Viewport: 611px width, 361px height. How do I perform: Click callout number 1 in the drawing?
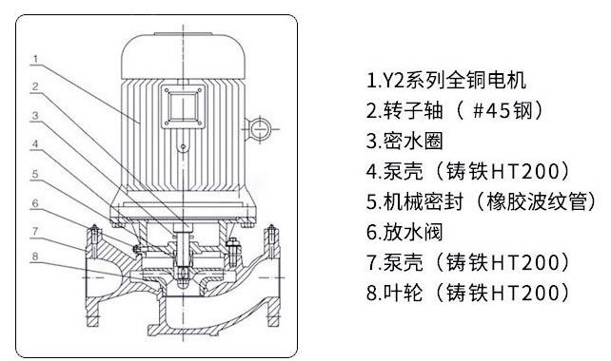coord(35,59)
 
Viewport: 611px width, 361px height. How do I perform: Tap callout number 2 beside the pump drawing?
coord(35,87)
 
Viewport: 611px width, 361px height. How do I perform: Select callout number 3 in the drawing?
coord(35,116)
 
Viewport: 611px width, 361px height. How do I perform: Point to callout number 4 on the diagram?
coord(35,145)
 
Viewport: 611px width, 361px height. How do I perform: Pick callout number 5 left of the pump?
coord(35,174)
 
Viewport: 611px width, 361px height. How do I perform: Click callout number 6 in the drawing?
coord(35,202)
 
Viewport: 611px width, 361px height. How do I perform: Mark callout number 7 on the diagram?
coord(35,231)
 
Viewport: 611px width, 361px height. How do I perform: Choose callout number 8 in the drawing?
coord(35,256)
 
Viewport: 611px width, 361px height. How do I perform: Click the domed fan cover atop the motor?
coord(182,49)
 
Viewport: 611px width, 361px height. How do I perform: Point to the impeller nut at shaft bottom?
coord(182,278)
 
